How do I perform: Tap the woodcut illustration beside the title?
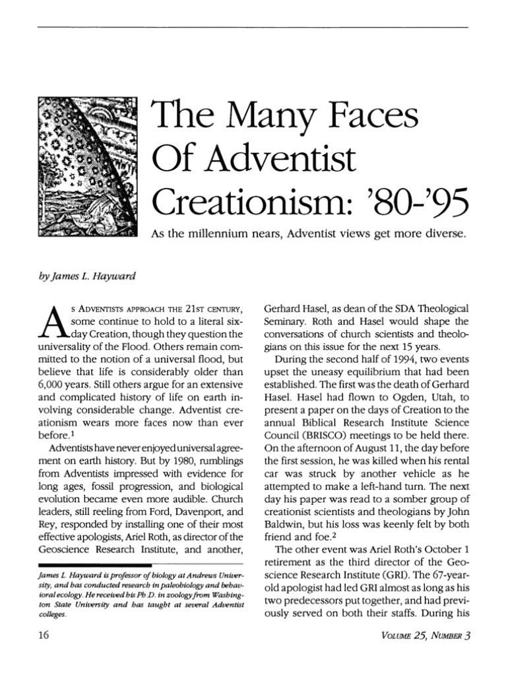click(x=88, y=167)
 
